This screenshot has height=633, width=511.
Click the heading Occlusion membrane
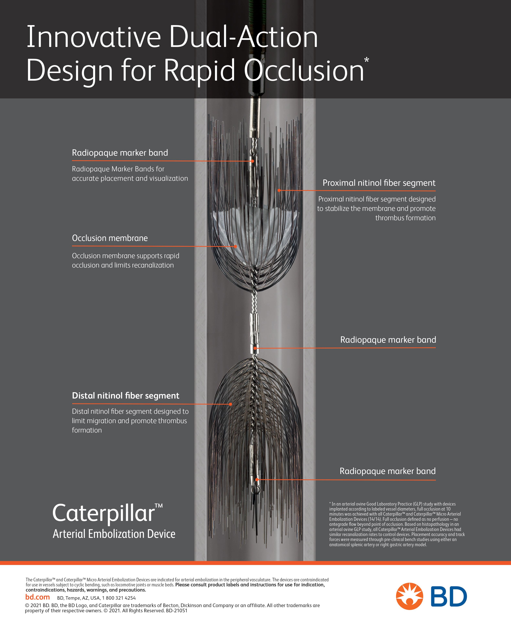pyautogui.click(x=110, y=238)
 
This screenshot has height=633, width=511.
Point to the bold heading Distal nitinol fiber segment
pyautogui.click(x=125, y=395)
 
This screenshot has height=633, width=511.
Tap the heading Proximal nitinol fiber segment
pyautogui.click(x=379, y=183)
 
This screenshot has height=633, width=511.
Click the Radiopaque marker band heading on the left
pyautogui.click(x=120, y=153)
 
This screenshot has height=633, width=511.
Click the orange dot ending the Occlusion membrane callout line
pyautogui.click(x=236, y=246)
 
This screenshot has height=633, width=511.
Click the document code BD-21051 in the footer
pyautogui.click(x=177, y=611)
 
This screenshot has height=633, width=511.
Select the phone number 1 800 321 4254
pyautogui.click(x=119, y=598)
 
